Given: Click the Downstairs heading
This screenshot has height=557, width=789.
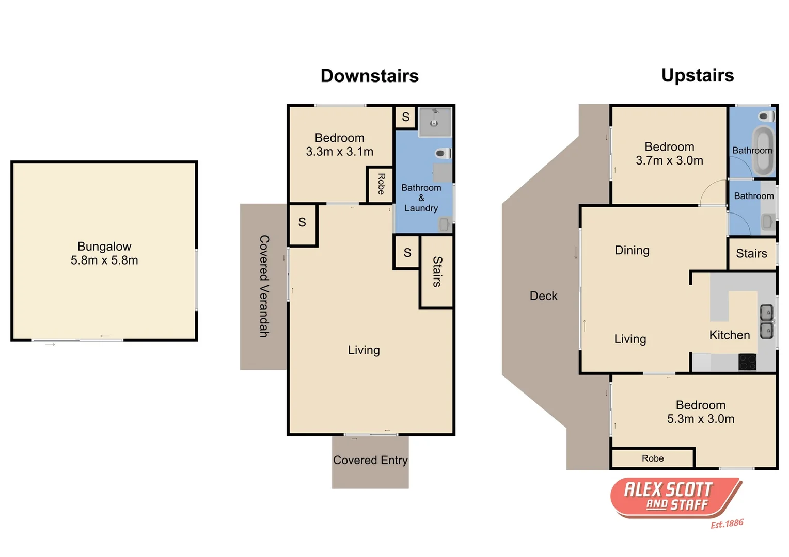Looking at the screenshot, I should pyautogui.click(x=369, y=76).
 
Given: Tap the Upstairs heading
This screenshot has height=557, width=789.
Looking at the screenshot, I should pyautogui.click(x=697, y=75).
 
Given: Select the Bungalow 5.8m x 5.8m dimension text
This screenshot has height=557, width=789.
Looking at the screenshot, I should pyautogui.click(x=104, y=260).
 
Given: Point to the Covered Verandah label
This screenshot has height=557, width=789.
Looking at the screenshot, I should pyautogui.click(x=264, y=286).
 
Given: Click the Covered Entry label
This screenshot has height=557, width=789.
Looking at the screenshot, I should pyautogui.click(x=370, y=460).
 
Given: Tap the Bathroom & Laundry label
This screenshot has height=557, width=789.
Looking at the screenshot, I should pyautogui.click(x=421, y=198).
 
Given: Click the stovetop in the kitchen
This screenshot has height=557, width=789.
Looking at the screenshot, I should pyautogui.click(x=747, y=362).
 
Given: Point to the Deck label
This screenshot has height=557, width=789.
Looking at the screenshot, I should pyautogui.click(x=543, y=296).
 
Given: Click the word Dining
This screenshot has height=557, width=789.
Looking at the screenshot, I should pyautogui.click(x=632, y=251).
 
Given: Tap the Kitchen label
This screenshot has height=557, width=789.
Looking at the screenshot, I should pyautogui.click(x=729, y=335).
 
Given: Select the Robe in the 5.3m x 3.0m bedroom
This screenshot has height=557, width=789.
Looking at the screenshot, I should pyautogui.click(x=653, y=458).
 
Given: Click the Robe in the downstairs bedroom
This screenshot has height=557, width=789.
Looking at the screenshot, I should pyautogui.click(x=381, y=184).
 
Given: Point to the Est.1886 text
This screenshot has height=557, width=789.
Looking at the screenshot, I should pyautogui.click(x=727, y=523).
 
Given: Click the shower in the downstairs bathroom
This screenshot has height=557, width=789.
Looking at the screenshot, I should pyautogui.click(x=435, y=122).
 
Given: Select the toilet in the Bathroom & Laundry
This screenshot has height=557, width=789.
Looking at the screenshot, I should pyautogui.click(x=442, y=153).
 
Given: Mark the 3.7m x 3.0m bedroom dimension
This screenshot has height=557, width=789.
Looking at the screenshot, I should pyautogui.click(x=669, y=161).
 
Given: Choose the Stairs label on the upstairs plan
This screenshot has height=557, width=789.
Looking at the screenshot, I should pyautogui.click(x=751, y=254).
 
